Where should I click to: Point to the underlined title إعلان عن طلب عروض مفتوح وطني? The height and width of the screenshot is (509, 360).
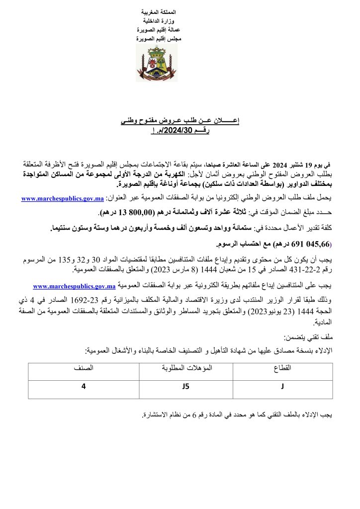180,121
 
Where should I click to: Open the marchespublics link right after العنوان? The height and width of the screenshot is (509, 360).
62,199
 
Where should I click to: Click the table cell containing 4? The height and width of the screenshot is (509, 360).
84,388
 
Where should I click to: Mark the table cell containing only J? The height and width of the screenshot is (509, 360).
282,388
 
